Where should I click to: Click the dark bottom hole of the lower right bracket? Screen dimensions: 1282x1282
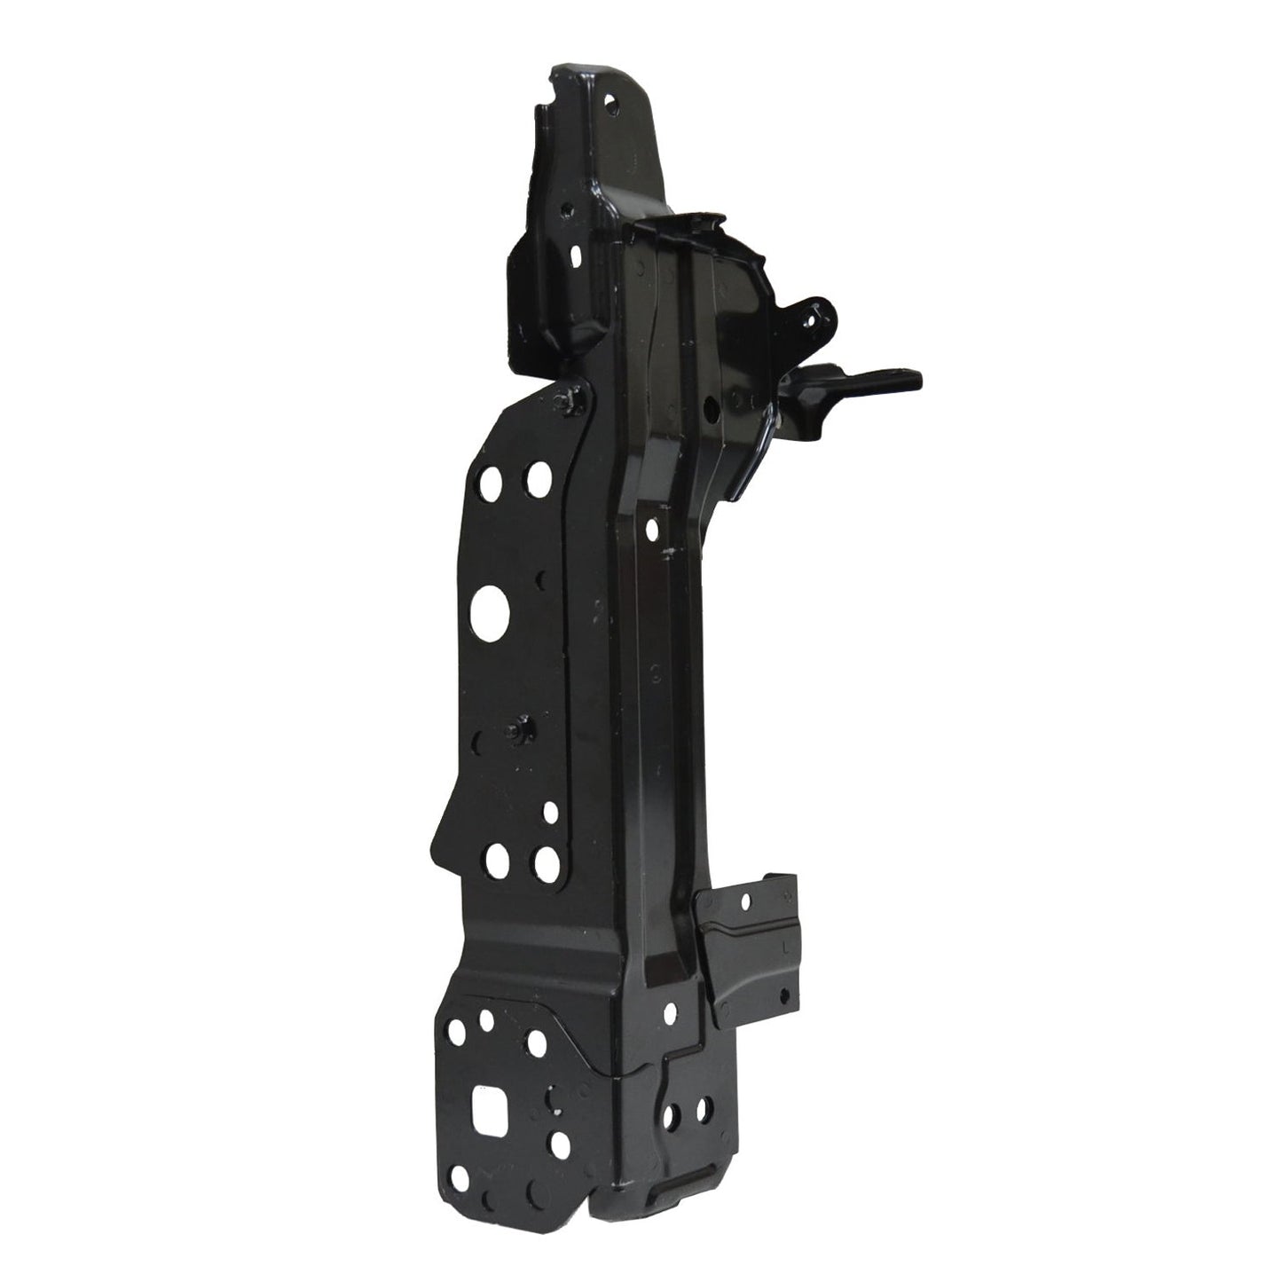coord(783,995)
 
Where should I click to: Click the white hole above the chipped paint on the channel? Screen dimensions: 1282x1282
coord(653,530)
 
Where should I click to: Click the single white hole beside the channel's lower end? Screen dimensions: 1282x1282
coord(668,1011)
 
